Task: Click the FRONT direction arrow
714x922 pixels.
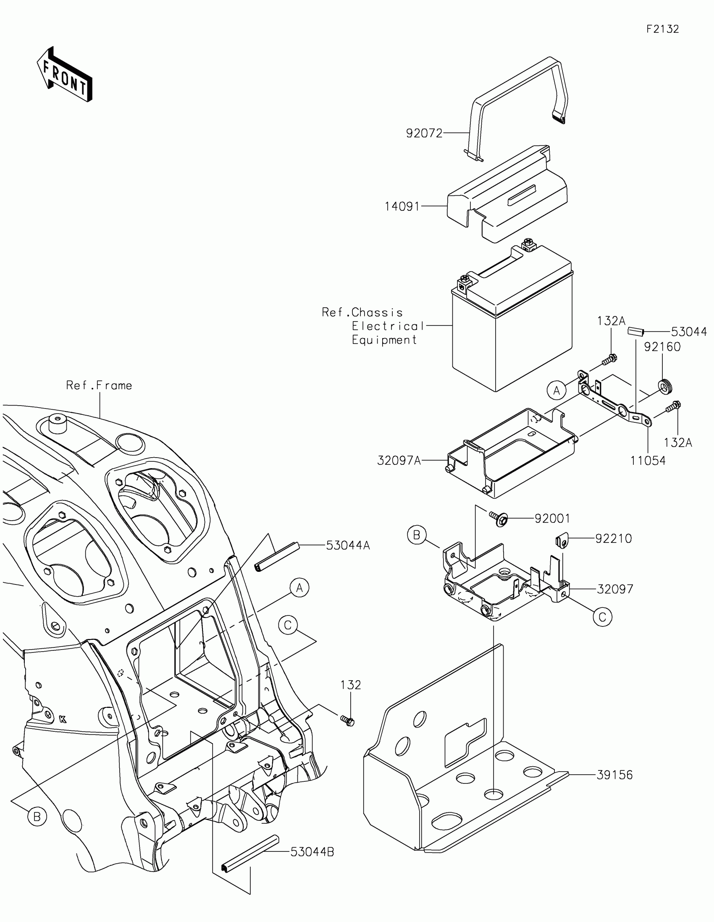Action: tap(65, 74)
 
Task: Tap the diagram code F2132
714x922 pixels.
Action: tap(662, 29)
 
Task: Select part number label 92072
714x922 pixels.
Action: tap(424, 134)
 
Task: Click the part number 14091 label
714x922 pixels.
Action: tap(402, 207)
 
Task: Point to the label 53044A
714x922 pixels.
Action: tap(348, 545)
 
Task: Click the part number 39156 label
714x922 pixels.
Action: tap(614, 775)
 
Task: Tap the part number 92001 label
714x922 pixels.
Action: tap(552, 519)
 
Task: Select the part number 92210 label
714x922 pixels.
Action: tap(614, 539)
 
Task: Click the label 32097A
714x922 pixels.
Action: tap(399, 461)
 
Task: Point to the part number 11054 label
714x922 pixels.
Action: tap(648, 461)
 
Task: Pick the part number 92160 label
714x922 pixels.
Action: tap(662, 347)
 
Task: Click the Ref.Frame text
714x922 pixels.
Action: tap(99, 385)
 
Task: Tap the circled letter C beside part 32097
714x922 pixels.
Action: tap(602, 617)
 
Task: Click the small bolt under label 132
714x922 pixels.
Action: tap(348, 720)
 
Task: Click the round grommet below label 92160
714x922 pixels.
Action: tap(665, 386)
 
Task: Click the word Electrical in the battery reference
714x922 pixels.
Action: tap(388, 326)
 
